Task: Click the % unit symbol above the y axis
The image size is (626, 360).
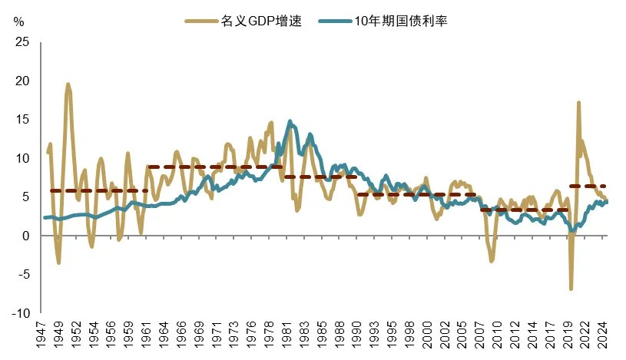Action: (x=18, y=21)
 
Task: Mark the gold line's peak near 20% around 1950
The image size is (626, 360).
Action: (x=68, y=84)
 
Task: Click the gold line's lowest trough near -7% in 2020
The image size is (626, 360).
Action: (x=571, y=289)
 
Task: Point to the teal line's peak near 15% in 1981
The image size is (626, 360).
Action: (x=290, y=121)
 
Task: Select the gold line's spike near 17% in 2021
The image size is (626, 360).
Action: (x=578, y=103)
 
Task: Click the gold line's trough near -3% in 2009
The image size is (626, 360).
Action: (x=492, y=260)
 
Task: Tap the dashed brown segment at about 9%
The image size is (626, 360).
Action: (x=215, y=167)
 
